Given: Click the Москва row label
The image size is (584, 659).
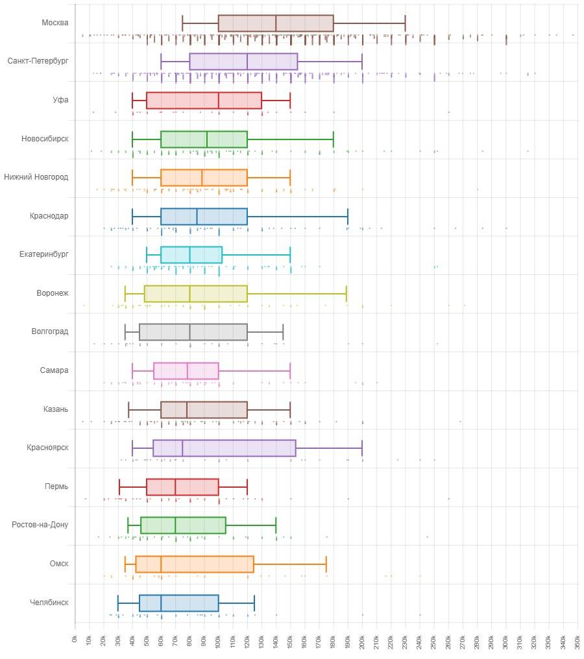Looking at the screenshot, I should [x=55, y=23].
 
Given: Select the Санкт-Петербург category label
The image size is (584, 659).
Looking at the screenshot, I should [x=38, y=61].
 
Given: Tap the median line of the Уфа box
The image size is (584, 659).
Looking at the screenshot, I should [x=219, y=101].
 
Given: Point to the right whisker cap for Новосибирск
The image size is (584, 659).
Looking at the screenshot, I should [x=334, y=139].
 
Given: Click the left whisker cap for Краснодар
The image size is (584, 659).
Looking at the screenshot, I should [x=132, y=216].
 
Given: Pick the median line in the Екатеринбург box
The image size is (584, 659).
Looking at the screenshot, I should [x=190, y=255].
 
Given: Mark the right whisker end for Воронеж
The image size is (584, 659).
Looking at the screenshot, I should [x=347, y=294].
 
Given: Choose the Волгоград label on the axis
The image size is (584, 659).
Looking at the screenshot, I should [x=50, y=332].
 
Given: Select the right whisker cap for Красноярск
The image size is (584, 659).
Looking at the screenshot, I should [x=362, y=448].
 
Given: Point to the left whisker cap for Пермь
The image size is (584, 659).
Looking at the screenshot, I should [x=119, y=486].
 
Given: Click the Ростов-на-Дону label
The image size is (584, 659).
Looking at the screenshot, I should [x=40, y=525].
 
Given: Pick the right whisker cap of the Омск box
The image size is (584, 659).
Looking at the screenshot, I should [x=326, y=564].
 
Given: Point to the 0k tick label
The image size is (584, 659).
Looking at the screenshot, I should [x=75, y=639].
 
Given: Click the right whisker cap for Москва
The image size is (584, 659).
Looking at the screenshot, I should [x=406, y=23].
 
